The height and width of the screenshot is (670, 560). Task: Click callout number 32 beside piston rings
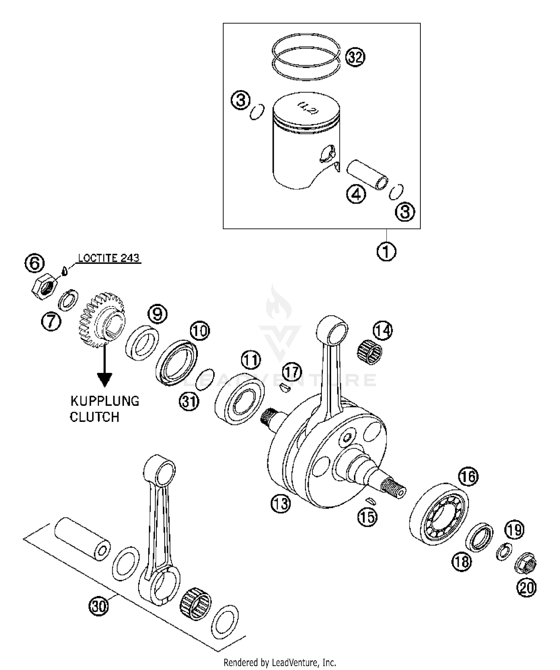355,57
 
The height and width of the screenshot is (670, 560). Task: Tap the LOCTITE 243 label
109,258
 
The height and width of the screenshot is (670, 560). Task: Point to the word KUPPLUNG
105,401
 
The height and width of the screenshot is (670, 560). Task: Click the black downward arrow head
105,380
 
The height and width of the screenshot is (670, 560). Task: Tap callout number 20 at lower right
526,588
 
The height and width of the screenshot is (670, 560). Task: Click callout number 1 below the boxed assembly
386,251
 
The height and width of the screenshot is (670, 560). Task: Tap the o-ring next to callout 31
205,379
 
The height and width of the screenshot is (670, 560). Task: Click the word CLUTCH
94,417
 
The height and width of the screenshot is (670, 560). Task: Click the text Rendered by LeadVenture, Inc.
280,663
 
